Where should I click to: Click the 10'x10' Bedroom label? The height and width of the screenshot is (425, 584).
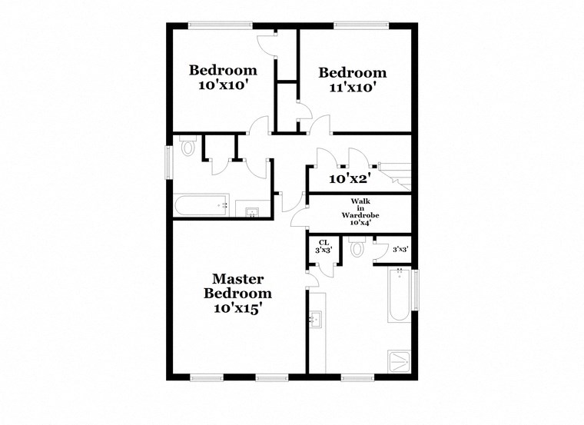tap(223, 78)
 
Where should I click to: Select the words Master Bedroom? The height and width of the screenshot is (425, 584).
tap(237, 285)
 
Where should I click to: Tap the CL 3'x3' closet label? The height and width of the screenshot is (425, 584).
tap(324, 246)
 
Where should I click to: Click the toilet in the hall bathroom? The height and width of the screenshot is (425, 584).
tap(187, 148)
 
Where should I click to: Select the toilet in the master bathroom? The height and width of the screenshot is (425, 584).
tap(357, 248)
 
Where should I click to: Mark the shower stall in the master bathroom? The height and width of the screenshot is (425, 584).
tap(399, 359)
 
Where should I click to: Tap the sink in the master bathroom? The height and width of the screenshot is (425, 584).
tap(315, 319)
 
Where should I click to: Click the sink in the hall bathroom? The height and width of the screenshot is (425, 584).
tap(251, 211)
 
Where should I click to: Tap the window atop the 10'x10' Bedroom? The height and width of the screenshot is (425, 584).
tap(211, 25)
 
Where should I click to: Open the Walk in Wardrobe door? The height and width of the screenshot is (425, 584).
tap(298, 221)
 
